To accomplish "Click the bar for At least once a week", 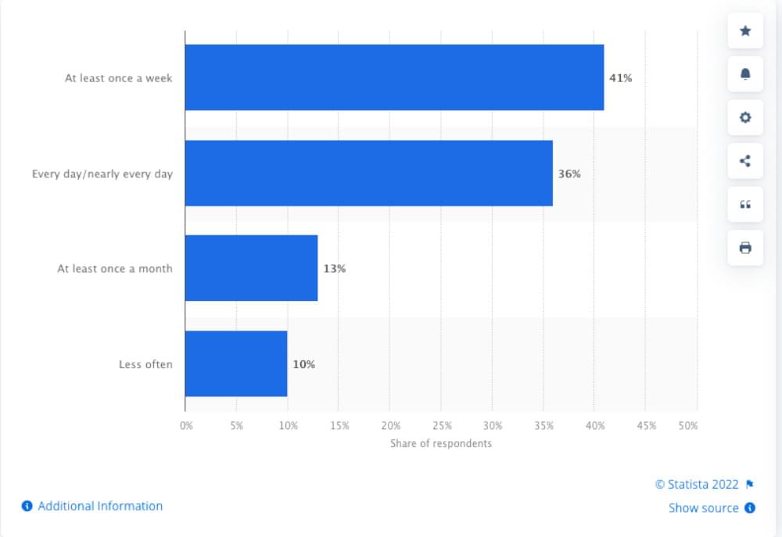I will [x=394, y=77].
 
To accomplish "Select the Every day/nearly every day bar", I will [x=368, y=174].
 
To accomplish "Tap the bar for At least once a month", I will [x=251, y=268].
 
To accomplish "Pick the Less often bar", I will [x=236, y=363].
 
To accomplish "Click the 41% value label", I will [x=620, y=78].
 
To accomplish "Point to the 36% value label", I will [x=569, y=174].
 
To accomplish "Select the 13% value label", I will [x=335, y=268].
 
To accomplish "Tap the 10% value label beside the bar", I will [x=303, y=364].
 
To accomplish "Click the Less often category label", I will [x=145, y=364].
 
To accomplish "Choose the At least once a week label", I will [x=119, y=78].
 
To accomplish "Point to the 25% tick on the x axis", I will [x=441, y=426].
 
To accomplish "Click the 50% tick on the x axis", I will [x=688, y=426].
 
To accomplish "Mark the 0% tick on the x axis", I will [x=186, y=426].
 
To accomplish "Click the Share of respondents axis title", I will [x=441, y=443].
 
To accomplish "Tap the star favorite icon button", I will [x=745, y=30].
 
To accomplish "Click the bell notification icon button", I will [x=745, y=74].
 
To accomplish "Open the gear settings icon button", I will [x=745, y=117].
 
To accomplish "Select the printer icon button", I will [x=745, y=248].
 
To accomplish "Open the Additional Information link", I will [x=100, y=506].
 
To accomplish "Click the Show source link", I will [x=703, y=508].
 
